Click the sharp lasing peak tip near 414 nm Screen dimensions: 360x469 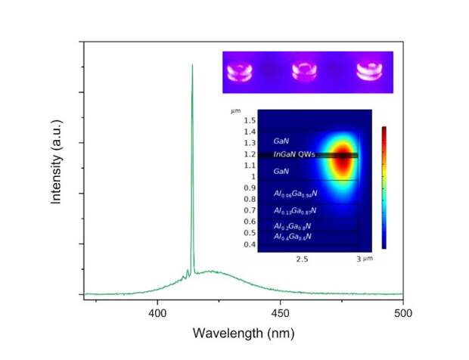192,66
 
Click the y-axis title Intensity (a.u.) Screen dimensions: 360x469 55,171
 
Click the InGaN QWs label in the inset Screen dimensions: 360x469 294,155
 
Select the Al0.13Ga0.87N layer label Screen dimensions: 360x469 295,210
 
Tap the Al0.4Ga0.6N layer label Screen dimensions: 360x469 294,237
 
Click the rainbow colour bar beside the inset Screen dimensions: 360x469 384,188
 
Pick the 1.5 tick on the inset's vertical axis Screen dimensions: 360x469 249,121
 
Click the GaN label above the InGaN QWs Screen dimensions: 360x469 281,141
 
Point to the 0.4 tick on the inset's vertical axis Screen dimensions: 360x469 249,244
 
